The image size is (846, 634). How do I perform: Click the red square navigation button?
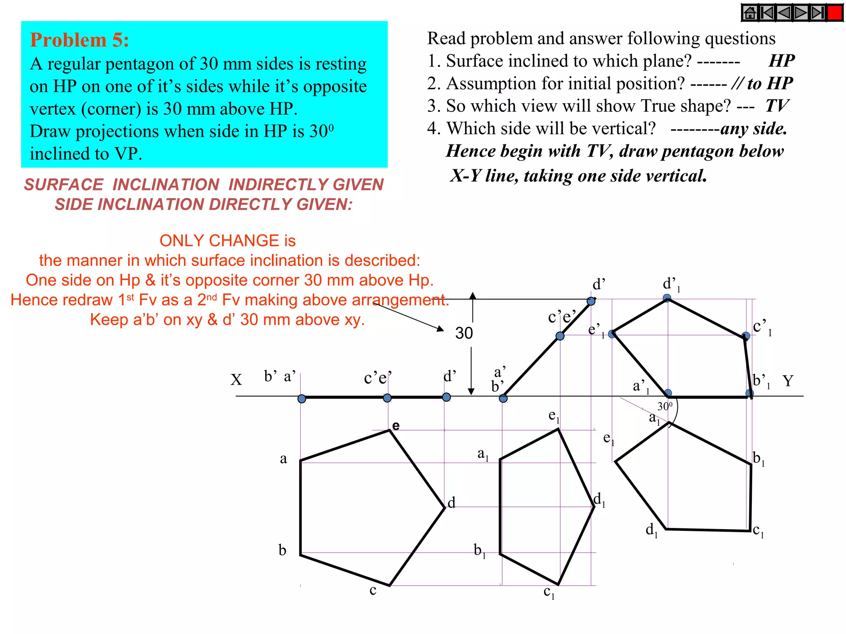click(835, 13)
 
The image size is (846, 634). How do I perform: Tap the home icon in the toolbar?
click(750, 13)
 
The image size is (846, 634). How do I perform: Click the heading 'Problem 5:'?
click(79, 40)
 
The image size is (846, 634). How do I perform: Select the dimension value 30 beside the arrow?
click(464, 333)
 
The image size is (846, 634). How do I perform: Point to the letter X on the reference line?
click(236, 380)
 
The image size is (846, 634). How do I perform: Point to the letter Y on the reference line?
click(788, 381)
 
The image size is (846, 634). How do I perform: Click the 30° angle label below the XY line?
click(665, 407)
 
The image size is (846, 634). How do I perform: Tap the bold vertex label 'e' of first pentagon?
click(396, 426)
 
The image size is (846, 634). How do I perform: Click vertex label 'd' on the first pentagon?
click(452, 503)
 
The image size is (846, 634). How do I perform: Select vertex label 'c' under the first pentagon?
click(373, 590)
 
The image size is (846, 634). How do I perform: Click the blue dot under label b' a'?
click(302, 399)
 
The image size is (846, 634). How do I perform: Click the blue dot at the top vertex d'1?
click(667, 298)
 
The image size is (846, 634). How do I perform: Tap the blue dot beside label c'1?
click(746, 336)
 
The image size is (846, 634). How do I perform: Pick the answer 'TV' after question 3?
click(777, 106)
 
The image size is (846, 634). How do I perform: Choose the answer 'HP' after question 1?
click(782, 61)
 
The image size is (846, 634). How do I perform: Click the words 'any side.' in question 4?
click(753, 129)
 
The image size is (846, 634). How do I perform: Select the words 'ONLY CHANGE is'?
click(228, 241)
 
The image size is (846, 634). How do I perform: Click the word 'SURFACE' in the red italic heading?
click(64, 185)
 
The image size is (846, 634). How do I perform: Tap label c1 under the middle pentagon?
click(549, 593)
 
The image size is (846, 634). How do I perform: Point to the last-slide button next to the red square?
click(817, 13)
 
